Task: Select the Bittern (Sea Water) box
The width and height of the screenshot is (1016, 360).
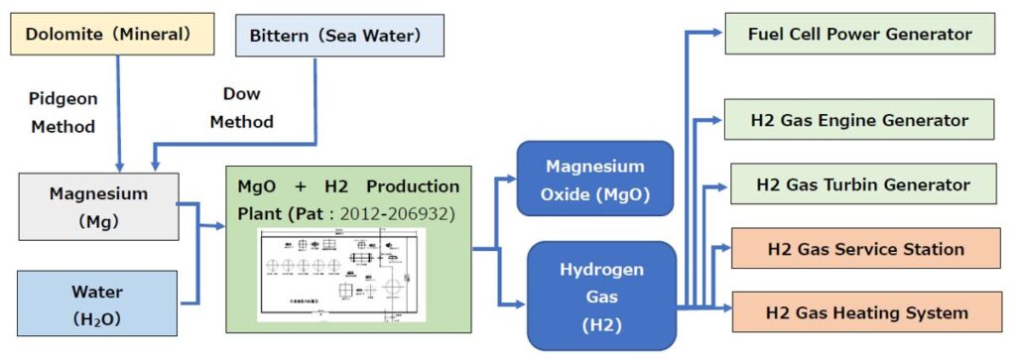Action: [x=338, y=36]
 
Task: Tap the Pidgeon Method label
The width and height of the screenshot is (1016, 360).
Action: [x=63, y=113]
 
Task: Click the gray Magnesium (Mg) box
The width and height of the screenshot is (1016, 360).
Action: [x=98, y=207]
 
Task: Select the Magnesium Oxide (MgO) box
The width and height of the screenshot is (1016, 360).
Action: [x=595, y=180]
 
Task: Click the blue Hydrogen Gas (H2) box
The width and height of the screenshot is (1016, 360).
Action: [x=602, y=296]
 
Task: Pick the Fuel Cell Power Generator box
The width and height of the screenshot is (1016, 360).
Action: [x=859, y=35]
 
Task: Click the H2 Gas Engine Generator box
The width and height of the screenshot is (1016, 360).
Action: [x=859, y=121]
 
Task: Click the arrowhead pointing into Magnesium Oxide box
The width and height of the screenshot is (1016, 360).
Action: [x=510, y=179]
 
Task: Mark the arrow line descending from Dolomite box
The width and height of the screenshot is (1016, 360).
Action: [x=118, y=109]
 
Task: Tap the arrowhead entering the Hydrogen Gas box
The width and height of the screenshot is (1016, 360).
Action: [x=520, y=304]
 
